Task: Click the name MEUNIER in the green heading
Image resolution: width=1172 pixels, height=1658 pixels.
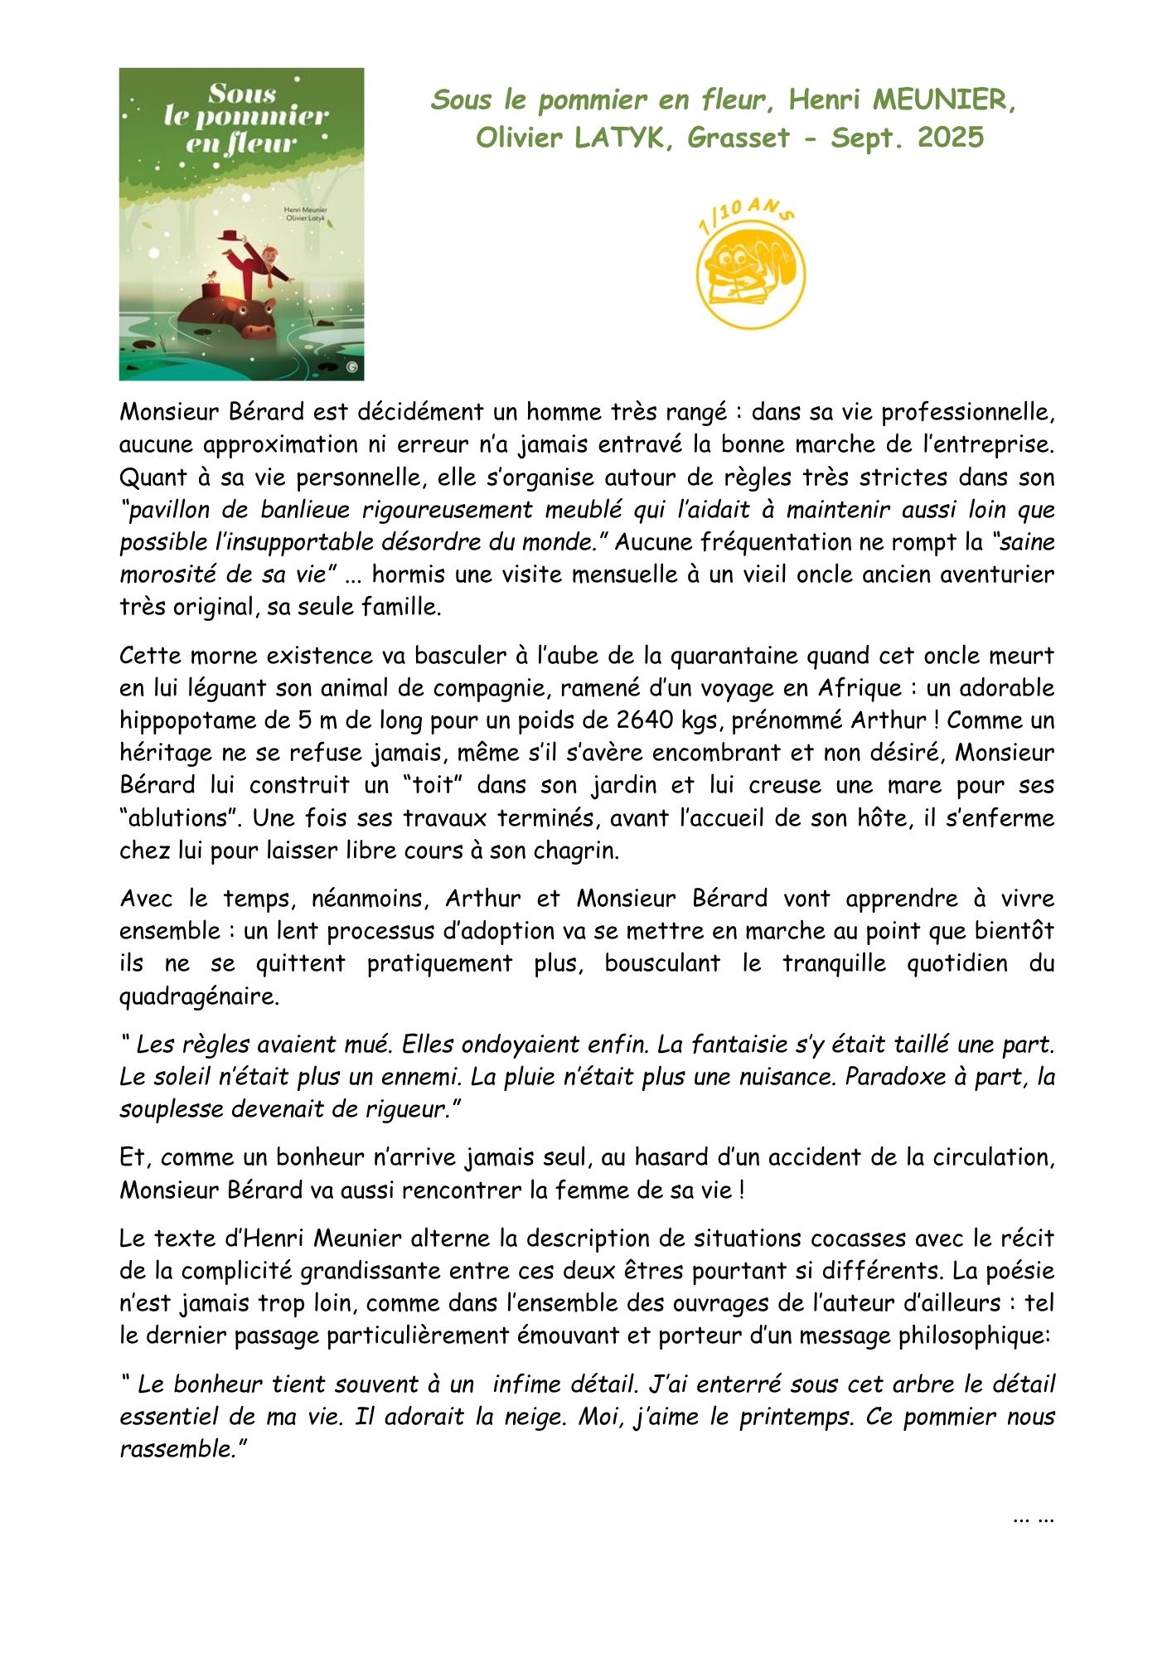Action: (x=944, y=100)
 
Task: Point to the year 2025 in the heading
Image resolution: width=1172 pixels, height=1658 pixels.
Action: (x=950, y=138)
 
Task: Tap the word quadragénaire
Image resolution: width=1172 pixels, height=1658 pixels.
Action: (x=199, y=996)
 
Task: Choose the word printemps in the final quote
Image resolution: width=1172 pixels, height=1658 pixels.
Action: (x=796, y=1417)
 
